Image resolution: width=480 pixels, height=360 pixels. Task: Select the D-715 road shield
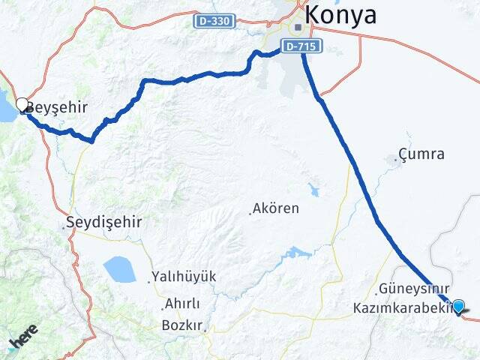tap(302, 46)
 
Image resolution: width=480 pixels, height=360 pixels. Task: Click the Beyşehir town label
tap(56, 107)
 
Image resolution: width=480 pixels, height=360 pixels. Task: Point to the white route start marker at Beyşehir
tap(22, 105)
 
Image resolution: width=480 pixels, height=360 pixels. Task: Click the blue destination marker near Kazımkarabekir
tap(458, 305)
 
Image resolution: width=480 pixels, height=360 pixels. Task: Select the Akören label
tap(276, 208)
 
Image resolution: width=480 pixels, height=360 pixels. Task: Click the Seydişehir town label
tap(103, 223)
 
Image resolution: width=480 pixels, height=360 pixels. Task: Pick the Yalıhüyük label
tap(184, 277)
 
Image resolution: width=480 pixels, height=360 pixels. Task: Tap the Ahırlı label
tap(181, 304)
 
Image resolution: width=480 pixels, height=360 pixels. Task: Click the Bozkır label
tap(182, 325)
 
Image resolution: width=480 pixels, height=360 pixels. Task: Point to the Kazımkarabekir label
tap(401, 307)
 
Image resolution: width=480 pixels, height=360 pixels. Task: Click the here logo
tap(24, 336)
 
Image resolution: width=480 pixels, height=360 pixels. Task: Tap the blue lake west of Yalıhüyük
tap(119, 268)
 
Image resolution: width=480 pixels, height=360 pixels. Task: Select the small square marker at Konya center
tap(298, 28)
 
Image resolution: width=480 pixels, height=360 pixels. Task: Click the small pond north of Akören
tap(313, 190)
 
